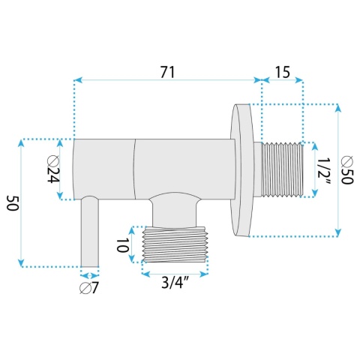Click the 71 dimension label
167,72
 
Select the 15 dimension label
283,72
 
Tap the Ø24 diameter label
53,169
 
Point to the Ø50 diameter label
347,170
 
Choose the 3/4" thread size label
175,283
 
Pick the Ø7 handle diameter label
89,289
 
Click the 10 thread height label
122,244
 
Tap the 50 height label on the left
13,203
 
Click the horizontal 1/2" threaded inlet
282,169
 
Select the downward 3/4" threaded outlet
175,244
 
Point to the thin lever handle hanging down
90,232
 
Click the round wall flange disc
241,170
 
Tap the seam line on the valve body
135,169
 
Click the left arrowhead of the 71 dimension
78,80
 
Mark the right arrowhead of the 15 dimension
299,80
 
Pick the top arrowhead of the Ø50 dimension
338,108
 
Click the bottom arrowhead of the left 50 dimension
21,263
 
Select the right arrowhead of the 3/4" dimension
204,274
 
